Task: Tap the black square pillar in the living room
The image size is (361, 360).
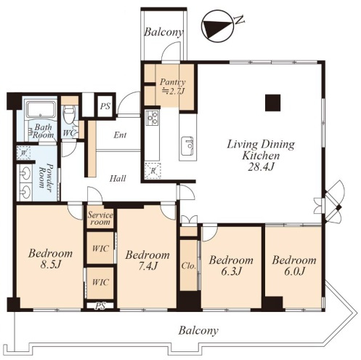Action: [272, 103]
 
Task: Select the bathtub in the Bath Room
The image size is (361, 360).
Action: [41, 110]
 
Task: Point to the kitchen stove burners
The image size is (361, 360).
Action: [153, 118]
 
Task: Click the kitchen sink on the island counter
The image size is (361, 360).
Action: [187, 147]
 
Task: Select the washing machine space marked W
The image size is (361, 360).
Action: [23, 153]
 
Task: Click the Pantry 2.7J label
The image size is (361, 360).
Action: [173, 87]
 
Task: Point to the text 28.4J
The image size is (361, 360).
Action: [261, 167]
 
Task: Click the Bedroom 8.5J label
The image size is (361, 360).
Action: [50, 259]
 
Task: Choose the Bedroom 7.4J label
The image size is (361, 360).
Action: [147, 260]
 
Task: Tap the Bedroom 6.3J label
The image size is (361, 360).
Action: [231, 265]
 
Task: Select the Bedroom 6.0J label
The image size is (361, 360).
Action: [294, 265]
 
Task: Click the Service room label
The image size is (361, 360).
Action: [100, 218]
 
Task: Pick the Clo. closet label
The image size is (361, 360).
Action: [189, 266]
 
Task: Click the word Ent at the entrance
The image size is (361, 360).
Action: [120, 135]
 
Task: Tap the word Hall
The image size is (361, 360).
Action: [118, 179]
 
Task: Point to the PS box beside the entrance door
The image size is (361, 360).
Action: [105, 106]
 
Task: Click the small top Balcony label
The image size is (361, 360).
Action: [163, 32]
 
